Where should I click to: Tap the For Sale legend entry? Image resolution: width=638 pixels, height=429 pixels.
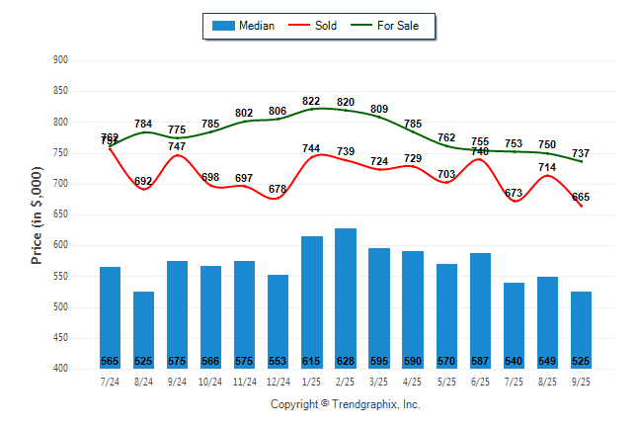(391, 26)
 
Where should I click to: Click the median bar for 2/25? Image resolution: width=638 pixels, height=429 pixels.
(346, 297)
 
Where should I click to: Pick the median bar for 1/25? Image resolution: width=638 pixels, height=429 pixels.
(312, 301)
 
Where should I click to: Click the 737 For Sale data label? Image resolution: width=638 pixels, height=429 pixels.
(581, 153)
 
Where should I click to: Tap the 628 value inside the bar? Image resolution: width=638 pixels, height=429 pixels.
(346, 361)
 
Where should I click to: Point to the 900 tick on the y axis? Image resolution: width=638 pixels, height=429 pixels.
(60, 60)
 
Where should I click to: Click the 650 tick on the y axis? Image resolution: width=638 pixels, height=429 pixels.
(60, 214)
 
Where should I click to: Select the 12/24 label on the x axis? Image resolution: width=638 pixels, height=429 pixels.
(279, 382)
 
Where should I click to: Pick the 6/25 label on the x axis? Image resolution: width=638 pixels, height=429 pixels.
(480, 382)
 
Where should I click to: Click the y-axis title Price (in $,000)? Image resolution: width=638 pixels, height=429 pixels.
(37, 214)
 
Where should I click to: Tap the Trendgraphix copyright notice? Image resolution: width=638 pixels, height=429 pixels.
(346, 404)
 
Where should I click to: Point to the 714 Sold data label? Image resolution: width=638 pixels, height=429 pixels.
(547, 167)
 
